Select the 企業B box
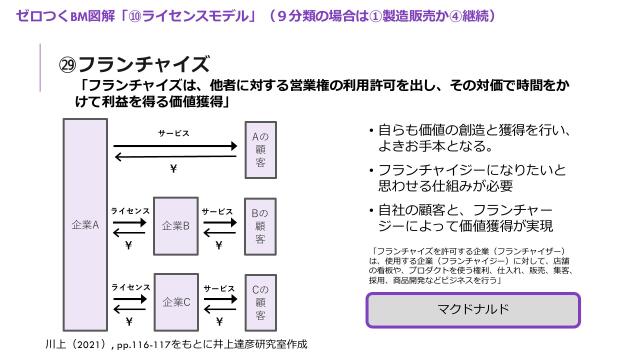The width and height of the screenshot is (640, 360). pyautogui.click(x=173, y=225)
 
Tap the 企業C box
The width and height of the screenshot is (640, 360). pyautogui.click(x=173, y=300)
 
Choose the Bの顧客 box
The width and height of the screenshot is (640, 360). pyautogui.click(x=258, y=225)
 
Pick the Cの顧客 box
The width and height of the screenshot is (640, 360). pyautogui.click(x=258, y=300)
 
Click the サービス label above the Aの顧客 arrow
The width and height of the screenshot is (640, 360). pyautogui.click(x=173, y=132)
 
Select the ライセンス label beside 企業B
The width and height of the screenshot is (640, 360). pyautogui.click(x=130, y=212)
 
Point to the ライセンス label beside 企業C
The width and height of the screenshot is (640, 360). pyautogui.click(x=130, y=288)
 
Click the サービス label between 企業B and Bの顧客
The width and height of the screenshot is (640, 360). pyautogui.click(x=216, y=212)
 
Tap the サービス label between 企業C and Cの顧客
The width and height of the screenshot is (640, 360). pyautogui.click(x=216, y=288)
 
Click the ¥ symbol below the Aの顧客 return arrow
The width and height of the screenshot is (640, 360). pyautogui.click(x=173, y=169)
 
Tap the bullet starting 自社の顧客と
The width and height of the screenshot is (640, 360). pyautogui.click(x=470, y=217)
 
